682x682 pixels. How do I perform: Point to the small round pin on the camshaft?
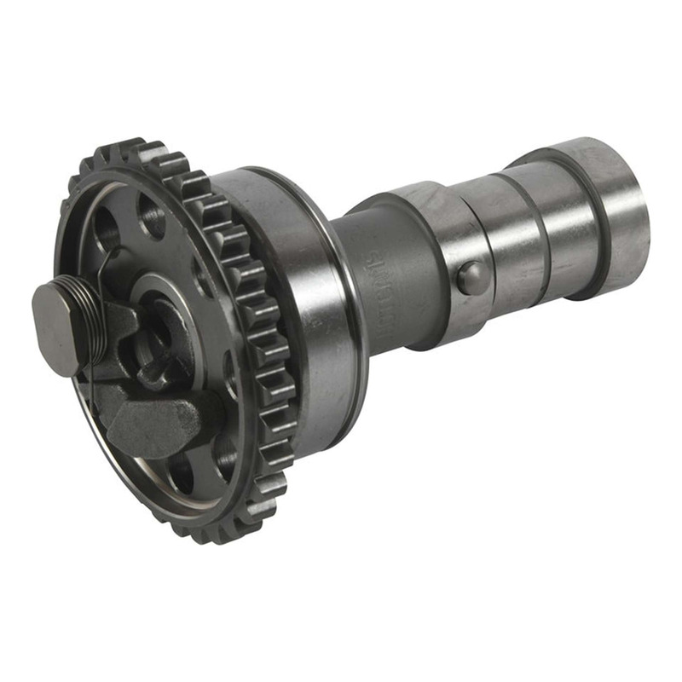pos(471,278)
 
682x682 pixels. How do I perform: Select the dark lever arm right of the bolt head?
pos(119,324)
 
